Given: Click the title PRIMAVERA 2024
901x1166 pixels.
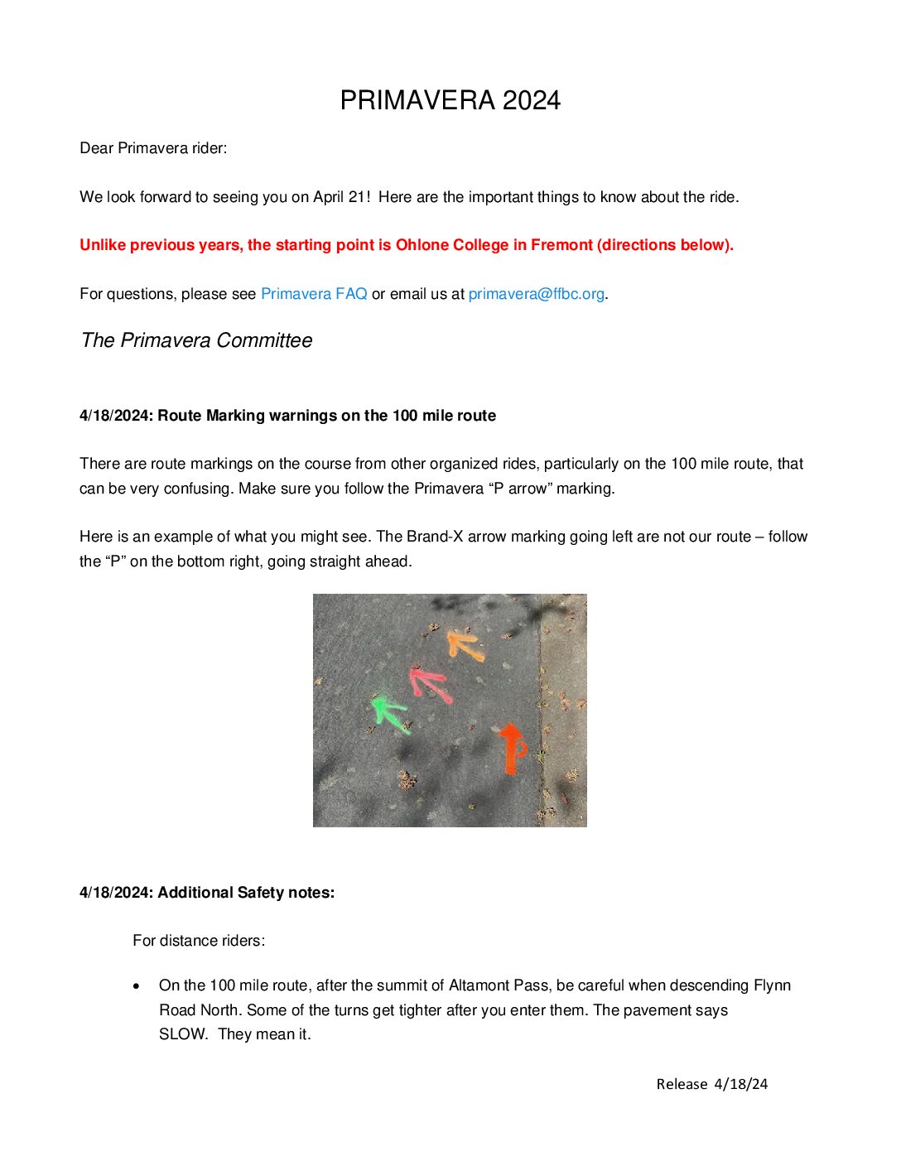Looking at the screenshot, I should click(x=450, y=100).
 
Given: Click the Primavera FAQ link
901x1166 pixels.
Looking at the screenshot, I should click(x=314, y=294).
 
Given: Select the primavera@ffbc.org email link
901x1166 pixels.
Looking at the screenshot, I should click(x=536, y=294).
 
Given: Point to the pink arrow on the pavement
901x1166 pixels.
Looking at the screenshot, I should click(x=429, y=684).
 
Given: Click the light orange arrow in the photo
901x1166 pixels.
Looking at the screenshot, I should click(x=465, y=645).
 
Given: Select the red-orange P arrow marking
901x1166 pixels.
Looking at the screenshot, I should click(x=513, y=747).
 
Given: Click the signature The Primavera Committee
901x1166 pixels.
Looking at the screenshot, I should click(x=196, y=340).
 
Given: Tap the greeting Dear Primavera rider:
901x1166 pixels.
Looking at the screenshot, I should click(x=153, y=148).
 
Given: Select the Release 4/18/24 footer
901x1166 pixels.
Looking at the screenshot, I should click(x=711, y=1084).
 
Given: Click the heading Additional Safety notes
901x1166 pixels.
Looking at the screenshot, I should click(x=246, y=893).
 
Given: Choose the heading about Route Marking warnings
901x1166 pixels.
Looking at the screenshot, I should click(x=326, y=416).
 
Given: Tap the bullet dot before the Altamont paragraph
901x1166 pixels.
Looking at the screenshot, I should click(x=137, y=986).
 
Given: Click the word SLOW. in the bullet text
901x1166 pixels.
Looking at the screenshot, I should click(x=183, y=1034).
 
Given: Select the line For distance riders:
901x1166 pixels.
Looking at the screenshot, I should click(x=199, y=941).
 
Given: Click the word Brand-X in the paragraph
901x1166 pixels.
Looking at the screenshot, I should click(x=435, y=537).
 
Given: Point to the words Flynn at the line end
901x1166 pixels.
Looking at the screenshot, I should click(x=772, y=985).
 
